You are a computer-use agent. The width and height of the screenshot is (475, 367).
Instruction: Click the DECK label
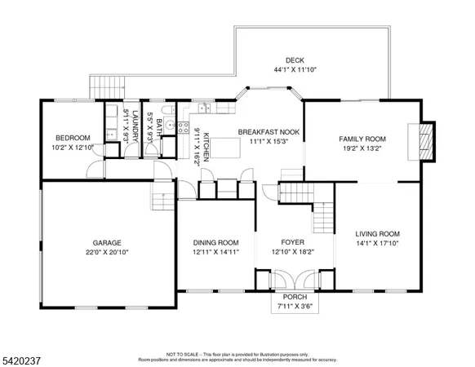click(x=295, y=60)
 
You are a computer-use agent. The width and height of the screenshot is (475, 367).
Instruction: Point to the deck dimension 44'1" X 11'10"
click(x=295, y=69)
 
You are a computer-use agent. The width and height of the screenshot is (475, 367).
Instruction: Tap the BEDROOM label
click(x=73, y=138)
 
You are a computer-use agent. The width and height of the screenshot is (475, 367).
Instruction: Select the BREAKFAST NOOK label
click(x=266, y=131)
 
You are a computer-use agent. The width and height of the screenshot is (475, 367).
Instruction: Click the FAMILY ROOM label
click(x=362, y=139)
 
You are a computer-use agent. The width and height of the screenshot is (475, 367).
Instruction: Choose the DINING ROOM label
click(x=215, y=242)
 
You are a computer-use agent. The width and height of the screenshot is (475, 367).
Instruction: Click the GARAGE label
click(x=107, y=242)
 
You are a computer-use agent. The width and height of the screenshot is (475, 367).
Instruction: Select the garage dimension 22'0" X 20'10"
click(x=107, y=252)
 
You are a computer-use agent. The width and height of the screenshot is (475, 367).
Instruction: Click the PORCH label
click(x=294, y=298)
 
